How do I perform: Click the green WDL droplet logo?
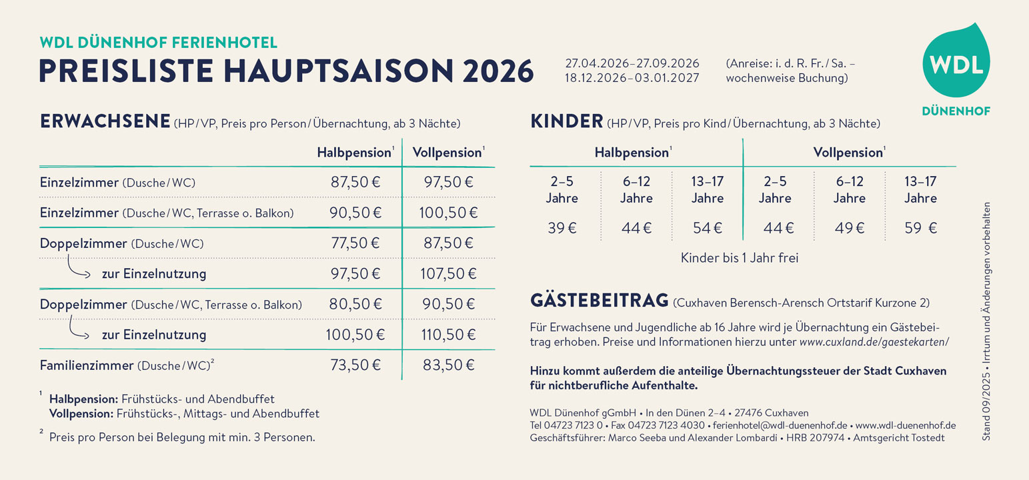point(956,65)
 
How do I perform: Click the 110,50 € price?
point(448,335)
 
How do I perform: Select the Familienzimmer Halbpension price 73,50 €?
point(355,365)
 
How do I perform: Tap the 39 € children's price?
point(562,228)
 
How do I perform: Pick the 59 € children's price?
point(920,228)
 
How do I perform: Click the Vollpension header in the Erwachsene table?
point(447,153)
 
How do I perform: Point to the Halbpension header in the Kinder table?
point(632,153)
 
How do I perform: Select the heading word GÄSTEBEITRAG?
point(599,301)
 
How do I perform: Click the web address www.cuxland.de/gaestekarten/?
point(874,342)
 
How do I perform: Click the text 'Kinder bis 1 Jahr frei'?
point(739,257)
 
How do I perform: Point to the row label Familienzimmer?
point(87,365)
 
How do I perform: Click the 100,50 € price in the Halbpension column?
point(355,335)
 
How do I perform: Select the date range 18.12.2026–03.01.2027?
point(632,79)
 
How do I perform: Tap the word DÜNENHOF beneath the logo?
point(956,111)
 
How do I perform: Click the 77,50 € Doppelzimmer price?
point(355,243)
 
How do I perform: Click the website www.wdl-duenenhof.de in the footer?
point(906,425)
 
